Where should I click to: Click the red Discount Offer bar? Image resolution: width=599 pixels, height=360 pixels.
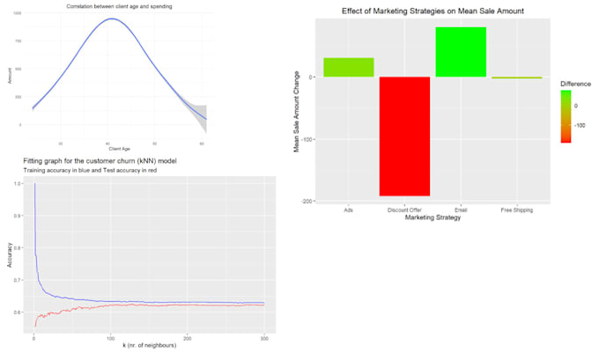pyautogui.click(x=404, y=136)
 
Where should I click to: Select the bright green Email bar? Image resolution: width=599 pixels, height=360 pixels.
pyautogui.click(x=461, y=52)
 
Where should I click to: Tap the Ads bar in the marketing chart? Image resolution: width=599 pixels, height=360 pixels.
pyautogui.click(x=348, y=67)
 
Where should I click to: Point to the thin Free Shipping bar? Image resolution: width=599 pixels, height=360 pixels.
pyautogui.click(x=517, y=77)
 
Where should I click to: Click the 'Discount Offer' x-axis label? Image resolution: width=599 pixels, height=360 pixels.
pyautogui.click(x=404, y=210)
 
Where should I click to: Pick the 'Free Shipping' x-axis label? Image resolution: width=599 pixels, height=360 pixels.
pyautogui.click(x=517, y=210)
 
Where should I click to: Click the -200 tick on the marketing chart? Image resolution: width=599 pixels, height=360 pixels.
pyautogui.click(x=307, y=202)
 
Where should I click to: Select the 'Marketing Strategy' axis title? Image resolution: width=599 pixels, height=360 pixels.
pyautogui.click(x=433, y=218)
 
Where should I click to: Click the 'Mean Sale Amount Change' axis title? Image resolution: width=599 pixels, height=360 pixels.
pyautogui.click(x=297, y=112)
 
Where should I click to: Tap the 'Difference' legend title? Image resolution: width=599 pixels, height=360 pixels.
pyautogui.click(x=577, y=84)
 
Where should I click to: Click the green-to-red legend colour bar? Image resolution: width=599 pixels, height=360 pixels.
pyautogui.click(x=566, y=115)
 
